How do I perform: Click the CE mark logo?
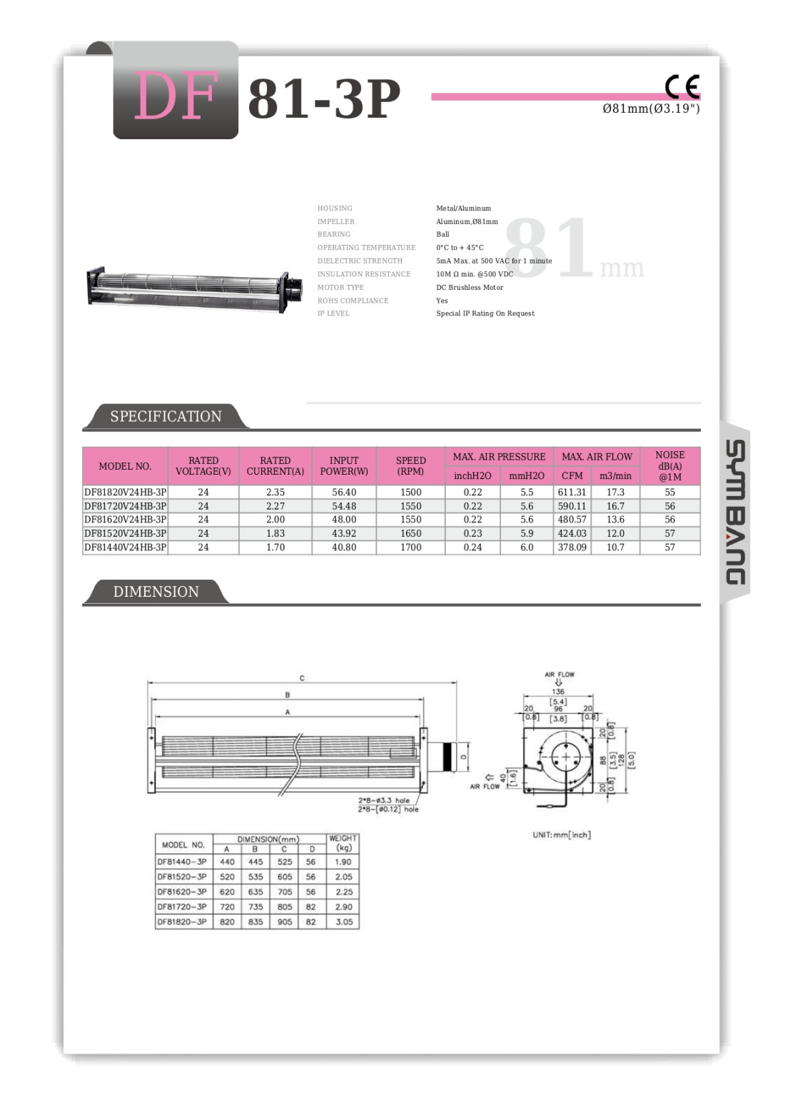coord(682,86)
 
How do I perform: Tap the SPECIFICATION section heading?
coord(166,416)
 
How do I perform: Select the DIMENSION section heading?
coord(156,591)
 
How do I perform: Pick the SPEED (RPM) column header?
coord(410,465)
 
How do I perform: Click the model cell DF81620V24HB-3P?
coord(125,520)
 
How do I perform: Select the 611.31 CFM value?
coord(572,493)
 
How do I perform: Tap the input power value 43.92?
coord(344,533)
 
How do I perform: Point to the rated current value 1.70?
coord(275,548)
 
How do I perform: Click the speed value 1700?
coord(410,548)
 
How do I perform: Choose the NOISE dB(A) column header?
coord(669,465)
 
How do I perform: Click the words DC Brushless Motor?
coord(470,288)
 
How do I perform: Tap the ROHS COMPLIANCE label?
coord(353,301)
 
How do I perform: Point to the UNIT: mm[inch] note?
coord(561,834)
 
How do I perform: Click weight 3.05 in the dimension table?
coord(343,922)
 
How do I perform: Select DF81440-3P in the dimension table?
coord(182,862)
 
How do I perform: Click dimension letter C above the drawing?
coord(302,678)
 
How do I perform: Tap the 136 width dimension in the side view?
coord(558,691)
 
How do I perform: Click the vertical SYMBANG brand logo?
coord(735,513)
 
